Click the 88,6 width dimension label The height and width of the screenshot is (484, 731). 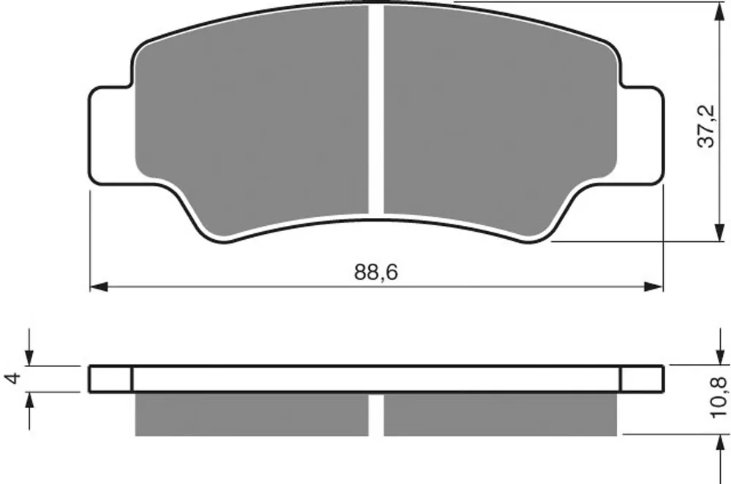point(376,272)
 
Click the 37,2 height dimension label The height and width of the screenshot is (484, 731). point(706,126)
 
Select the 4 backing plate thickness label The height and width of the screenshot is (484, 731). point(14,377)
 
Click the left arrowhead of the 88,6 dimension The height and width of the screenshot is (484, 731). point(99,287)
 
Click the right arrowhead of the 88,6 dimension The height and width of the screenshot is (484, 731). point(653,287)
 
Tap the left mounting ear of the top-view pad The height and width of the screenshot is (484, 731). point(112,135)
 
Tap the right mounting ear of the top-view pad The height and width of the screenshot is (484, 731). point(642,135)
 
